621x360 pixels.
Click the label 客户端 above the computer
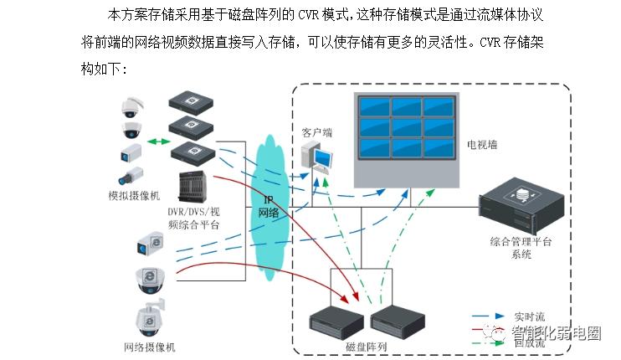(316, 132)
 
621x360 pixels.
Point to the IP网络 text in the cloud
(269, 207)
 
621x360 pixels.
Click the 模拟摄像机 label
(135, 195)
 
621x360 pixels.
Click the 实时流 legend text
(529, 316)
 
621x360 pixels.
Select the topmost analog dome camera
(133, 107)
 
